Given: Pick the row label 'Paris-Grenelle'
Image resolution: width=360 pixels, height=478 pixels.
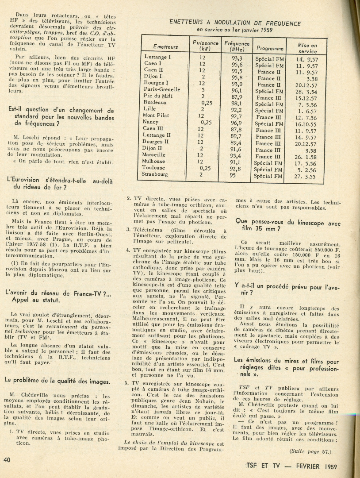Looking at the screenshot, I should pyautogui.click(x=162, y=89).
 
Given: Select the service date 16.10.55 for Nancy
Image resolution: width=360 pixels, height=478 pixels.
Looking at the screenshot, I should pyautogui.click(x=307, y=124).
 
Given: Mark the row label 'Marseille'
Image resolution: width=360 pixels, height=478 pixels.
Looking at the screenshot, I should pyautogui.click(x=154, y=155).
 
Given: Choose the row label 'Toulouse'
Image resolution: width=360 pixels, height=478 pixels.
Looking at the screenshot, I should pyautogui.click(x=154, y=168).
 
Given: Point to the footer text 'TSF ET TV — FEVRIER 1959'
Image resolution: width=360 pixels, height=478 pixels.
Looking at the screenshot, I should pyautogui.click(x=292, y=466).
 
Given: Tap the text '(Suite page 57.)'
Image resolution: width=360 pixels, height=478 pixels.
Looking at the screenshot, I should pyautogui.click(x=310, y=451).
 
